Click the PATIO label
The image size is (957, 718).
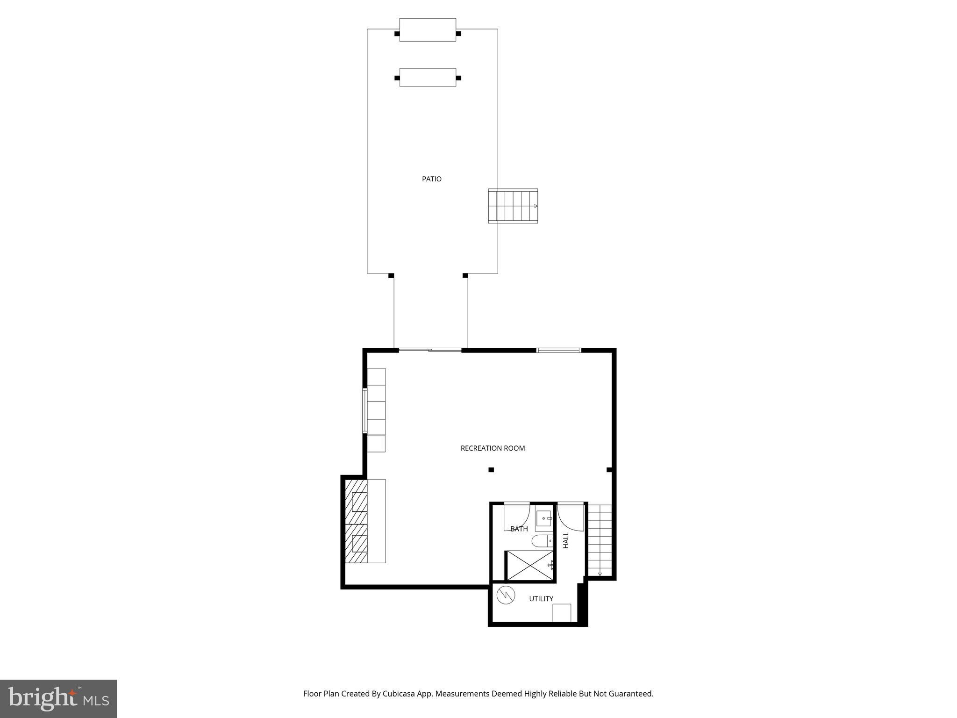click(x=431, y=179)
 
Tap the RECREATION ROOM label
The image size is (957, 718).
click(x=493, y=448)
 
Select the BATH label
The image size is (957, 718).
click(x=519, y=529)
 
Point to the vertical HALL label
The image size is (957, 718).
click(x=566, y=540)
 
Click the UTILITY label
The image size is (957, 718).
click(x=541, y=599)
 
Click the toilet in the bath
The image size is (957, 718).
click(x=542, y=541)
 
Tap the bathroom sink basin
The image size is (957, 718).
click(x=544, y=518)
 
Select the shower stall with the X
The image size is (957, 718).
click(x=530, y=566)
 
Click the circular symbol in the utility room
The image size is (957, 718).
click(x=506, y=595)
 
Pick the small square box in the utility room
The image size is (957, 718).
click(x=562, y=613)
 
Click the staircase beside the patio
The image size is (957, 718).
click(x=513, y=206)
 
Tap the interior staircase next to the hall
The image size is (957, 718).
click(x=600, y=540)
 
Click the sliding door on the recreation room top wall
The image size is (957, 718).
click(x=430, y=350)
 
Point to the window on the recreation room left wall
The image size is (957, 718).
click(x=364, y=410)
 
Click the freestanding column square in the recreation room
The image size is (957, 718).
click(x=491, y=470)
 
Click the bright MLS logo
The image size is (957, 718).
click(x=58, y=699)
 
